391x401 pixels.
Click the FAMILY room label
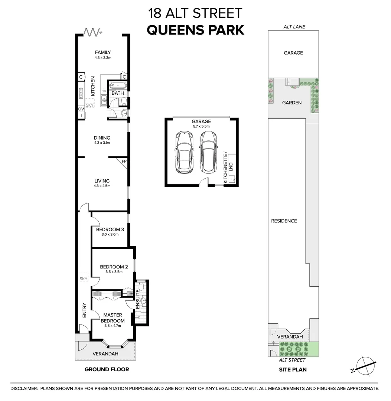click(103, 52)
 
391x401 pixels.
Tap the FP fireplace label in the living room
click(124, 162)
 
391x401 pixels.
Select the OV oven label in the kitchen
click(81, 109)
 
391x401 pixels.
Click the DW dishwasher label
click(104, 91)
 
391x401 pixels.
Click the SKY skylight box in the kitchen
click(89, 105)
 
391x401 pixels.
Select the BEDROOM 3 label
click(110, 229)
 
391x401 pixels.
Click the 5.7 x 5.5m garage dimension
click(201, 126)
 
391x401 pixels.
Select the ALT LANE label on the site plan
click(293, 27)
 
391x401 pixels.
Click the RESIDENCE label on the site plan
click(284, 221)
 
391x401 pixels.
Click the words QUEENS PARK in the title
click(195, 30)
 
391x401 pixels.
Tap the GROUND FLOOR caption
click(107, 369)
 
